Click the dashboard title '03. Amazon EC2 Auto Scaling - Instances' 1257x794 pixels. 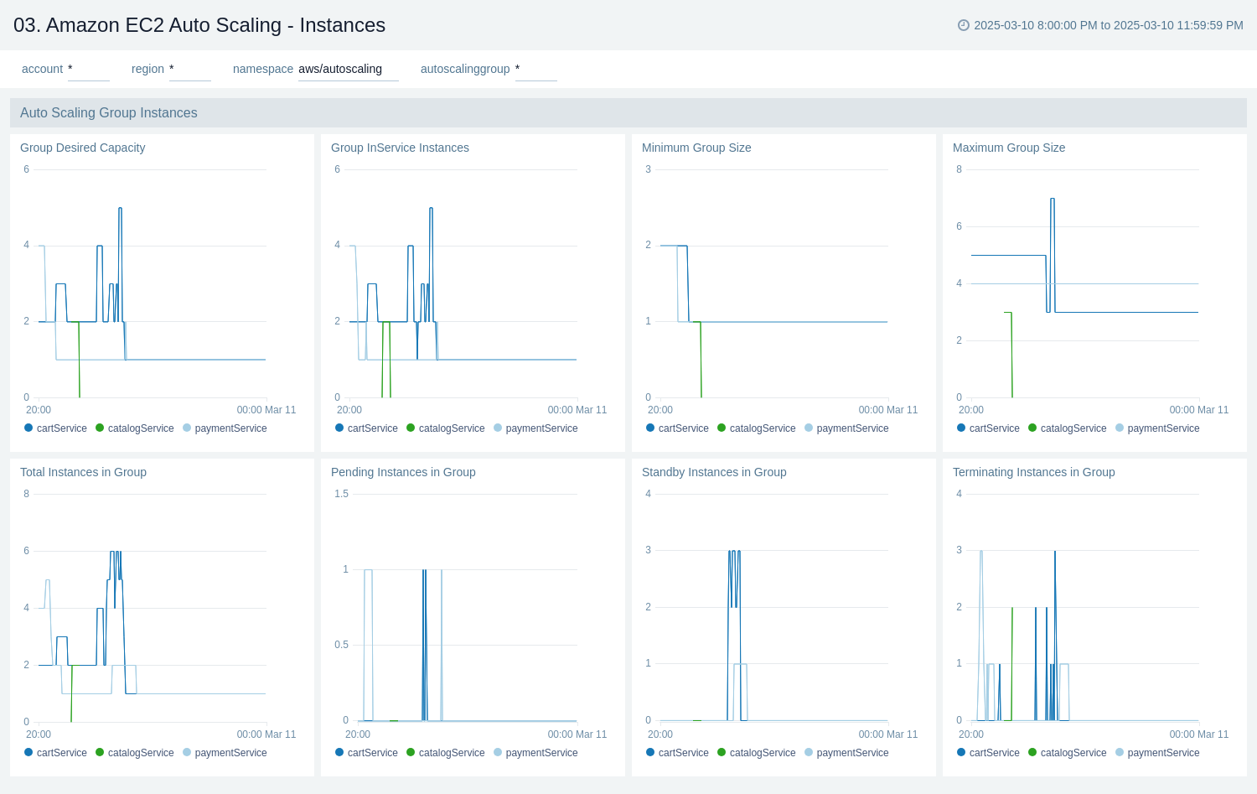(199, 25)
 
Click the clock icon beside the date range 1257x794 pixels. (963, 25)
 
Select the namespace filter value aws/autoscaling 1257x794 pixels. (340, 69)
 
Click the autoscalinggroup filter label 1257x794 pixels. (464, 69)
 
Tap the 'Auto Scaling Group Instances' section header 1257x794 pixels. (109, 112)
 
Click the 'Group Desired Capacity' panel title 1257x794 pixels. (82, 148)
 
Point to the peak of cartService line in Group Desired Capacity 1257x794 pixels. (120, 209)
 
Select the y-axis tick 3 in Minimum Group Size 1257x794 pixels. (648, 169)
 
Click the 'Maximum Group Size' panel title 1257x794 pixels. (1008, 148)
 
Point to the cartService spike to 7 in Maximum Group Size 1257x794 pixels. (1053, 200)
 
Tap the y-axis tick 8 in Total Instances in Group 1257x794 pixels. (26, 494)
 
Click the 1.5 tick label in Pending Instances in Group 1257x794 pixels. (341, 494)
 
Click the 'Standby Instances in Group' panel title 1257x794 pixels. (713, 472)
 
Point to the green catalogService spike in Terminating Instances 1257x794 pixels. (1012, 609)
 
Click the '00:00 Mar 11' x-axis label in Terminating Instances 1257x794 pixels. (1198, 734)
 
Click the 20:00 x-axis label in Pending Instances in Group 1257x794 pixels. (358, 734)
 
